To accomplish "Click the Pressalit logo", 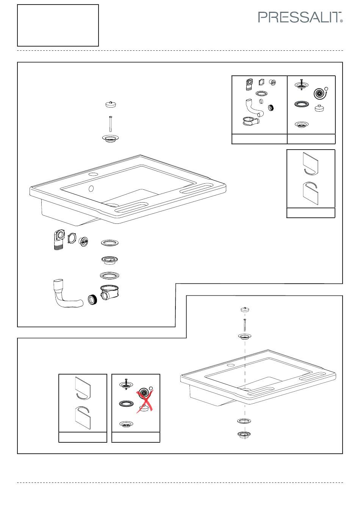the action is [300, 17].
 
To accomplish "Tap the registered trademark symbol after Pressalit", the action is [341, 21].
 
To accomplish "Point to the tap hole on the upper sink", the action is [93, 175].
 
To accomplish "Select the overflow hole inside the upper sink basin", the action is [91, 189].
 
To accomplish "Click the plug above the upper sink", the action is [111, 104].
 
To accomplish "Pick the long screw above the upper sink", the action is [111, 124].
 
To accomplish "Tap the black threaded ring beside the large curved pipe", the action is [92, 300].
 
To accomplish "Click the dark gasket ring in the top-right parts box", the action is [302, 104].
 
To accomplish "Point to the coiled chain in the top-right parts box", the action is [320, 93].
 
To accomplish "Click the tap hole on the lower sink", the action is [231, 365].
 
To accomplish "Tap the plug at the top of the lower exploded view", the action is [245, 309].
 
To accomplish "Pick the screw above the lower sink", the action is [244, 325].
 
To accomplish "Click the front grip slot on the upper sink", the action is [131, 207].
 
